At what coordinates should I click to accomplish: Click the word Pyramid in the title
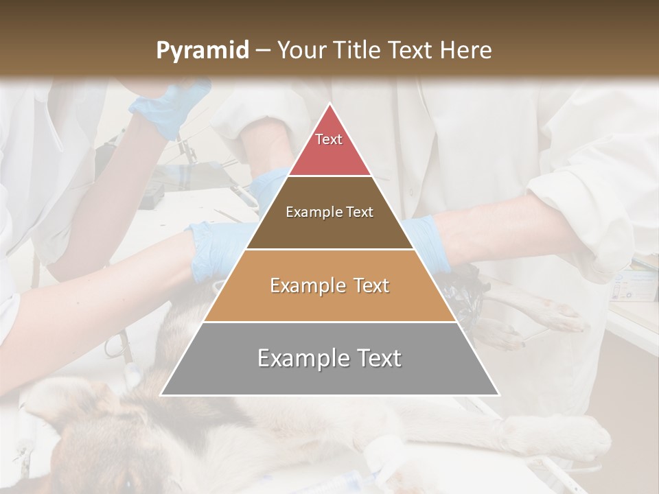tap(202, 51)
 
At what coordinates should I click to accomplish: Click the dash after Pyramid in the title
tap(262, 51)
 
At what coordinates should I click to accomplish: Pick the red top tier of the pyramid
tap(329, 154)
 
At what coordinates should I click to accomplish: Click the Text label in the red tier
tap(329, 139)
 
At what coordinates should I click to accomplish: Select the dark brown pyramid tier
tap(329, 226)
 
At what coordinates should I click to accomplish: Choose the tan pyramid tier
tap(329, 302)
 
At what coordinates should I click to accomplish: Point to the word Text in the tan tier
tap(371, 285)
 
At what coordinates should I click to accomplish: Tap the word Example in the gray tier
tap(299, 358)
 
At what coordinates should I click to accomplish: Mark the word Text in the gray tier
tap(377, 358)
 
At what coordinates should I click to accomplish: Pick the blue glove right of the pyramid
tap(429, 240)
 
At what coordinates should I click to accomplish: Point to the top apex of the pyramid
tap(330, 104)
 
